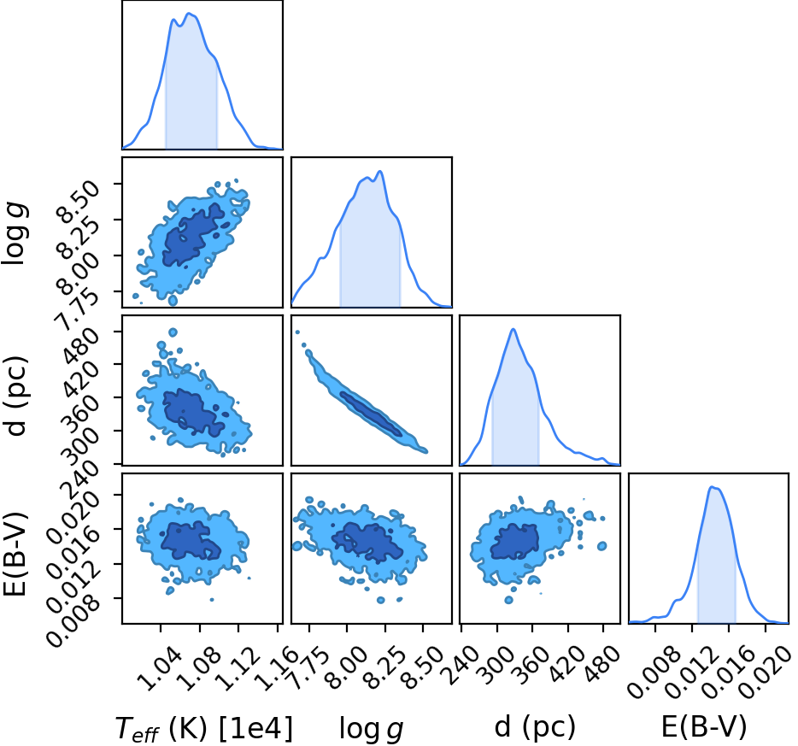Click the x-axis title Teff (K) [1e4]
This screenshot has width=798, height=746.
click(x=204, y=729)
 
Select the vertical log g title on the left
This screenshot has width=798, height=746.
click(x=15, y=232)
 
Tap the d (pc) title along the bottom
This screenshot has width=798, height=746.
click(x=535, y=727)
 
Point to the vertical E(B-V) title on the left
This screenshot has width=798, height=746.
click(x=15, y=548)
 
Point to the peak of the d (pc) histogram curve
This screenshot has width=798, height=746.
click(x=513, y=329)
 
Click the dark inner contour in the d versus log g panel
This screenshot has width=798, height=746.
click(x=371, y=414)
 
